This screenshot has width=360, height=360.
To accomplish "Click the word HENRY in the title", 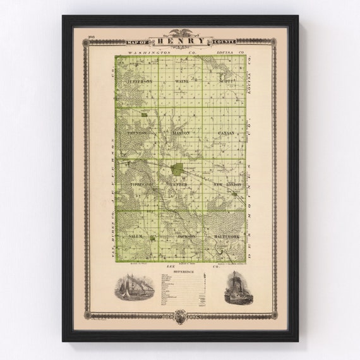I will coord(179,41).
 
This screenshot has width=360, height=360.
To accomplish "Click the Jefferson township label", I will coord(140,81).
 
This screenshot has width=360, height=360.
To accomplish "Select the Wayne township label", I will coord(182,81).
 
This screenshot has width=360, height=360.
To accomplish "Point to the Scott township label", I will coord(226,81).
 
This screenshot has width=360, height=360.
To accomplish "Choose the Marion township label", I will coord(181,133).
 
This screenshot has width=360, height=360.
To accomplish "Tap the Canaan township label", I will coord(225,133).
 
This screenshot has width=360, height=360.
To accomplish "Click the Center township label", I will coord(181,184).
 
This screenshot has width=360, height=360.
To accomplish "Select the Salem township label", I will coord(136,236).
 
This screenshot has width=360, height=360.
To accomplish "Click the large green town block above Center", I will coord(179,169).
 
